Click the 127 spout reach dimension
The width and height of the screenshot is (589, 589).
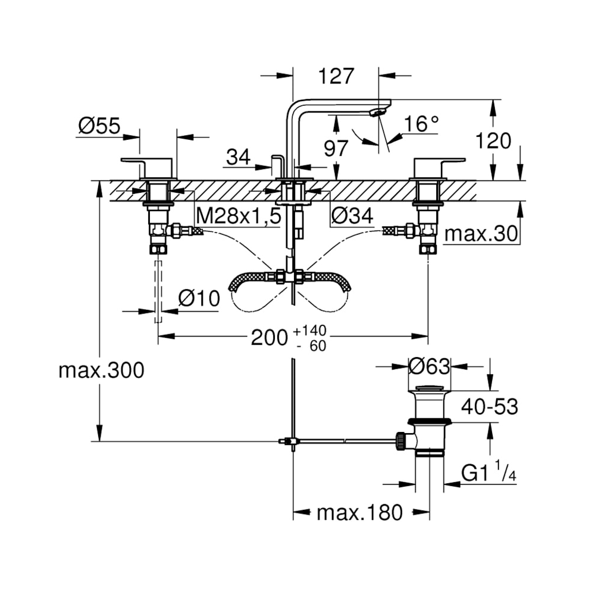click(336, 76)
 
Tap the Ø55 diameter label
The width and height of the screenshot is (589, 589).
click(99, 126)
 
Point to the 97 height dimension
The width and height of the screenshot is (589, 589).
click(336, 148)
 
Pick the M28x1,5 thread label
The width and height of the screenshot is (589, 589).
click(238, 217)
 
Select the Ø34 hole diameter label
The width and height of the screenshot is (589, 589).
click(353, 217)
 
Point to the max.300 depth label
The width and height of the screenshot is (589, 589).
click(101, 371)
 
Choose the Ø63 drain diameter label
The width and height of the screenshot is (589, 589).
click(430, 367)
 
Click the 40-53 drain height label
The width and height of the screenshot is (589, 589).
click(490, 407)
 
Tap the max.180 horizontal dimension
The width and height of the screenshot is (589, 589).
click(359, 512)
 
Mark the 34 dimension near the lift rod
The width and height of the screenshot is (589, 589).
click(239, 158)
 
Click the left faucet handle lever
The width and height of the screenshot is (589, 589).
click(146, 161)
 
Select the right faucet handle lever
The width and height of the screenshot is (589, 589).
click(440, 161)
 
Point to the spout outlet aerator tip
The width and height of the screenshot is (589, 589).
click(377, 112)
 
